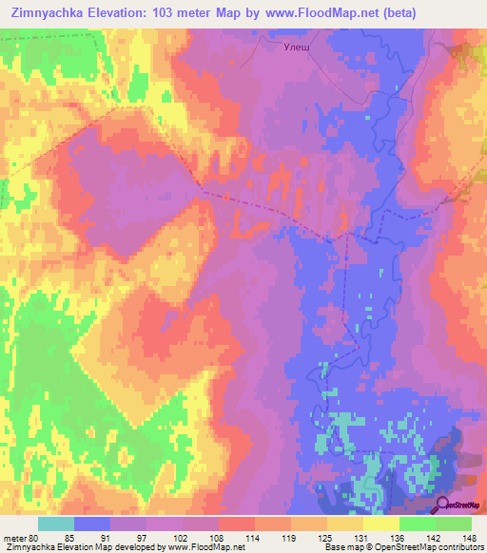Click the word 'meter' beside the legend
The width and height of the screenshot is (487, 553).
click(17, 539)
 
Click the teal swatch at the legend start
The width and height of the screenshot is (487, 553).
click(55, 524)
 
